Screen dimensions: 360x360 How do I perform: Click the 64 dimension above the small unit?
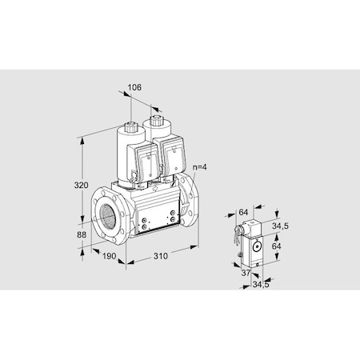pyautogui.click(x=242, y=212)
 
